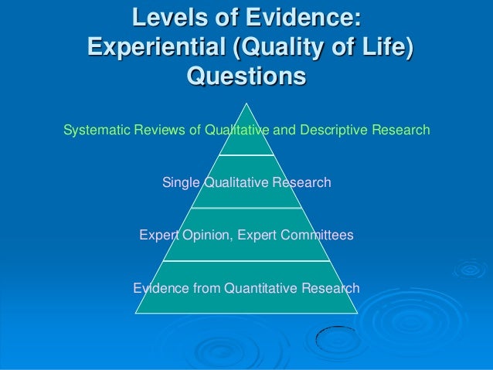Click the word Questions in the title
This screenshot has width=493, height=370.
[x=246, y=77]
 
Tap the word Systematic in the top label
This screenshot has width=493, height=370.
[x=91, y=130]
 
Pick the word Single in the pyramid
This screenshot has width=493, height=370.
[x=181, y=183]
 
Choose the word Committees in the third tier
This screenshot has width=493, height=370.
[x=317, y=235]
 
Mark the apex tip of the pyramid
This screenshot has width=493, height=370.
[x=246, y=103]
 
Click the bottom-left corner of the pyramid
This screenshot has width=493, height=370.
[x=136, y=313]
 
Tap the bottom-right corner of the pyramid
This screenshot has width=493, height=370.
[x=357, y=313]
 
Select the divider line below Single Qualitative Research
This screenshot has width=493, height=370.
[x=246, y=208]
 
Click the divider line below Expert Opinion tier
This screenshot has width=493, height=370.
[x=246, y=260]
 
